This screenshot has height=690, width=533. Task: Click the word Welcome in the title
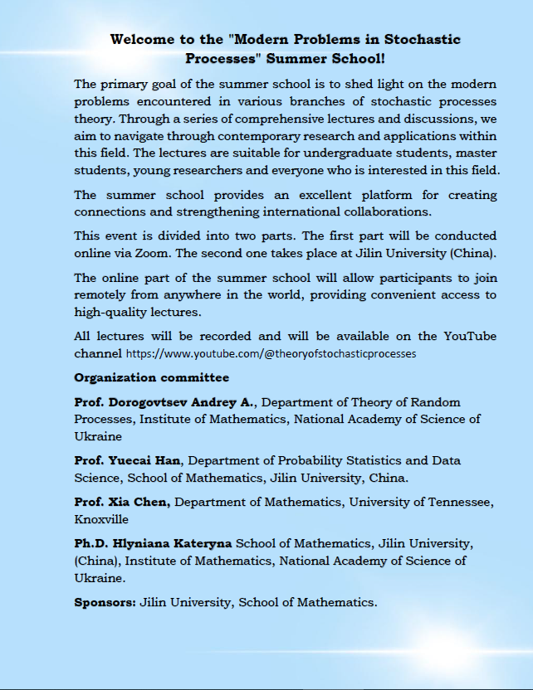tap(142, 39)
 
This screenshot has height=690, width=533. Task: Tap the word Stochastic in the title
tap(422, 39)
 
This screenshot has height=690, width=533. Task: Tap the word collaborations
tap(388, 211)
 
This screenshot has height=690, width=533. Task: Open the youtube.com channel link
tap(271, 352)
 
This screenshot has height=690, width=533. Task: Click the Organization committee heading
tap(151, 377)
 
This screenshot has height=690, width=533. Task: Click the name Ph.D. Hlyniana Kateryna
tap(154, 544)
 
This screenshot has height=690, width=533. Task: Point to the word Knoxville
tap(101, 519)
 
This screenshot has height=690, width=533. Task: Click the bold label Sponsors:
tap(105, 602)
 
